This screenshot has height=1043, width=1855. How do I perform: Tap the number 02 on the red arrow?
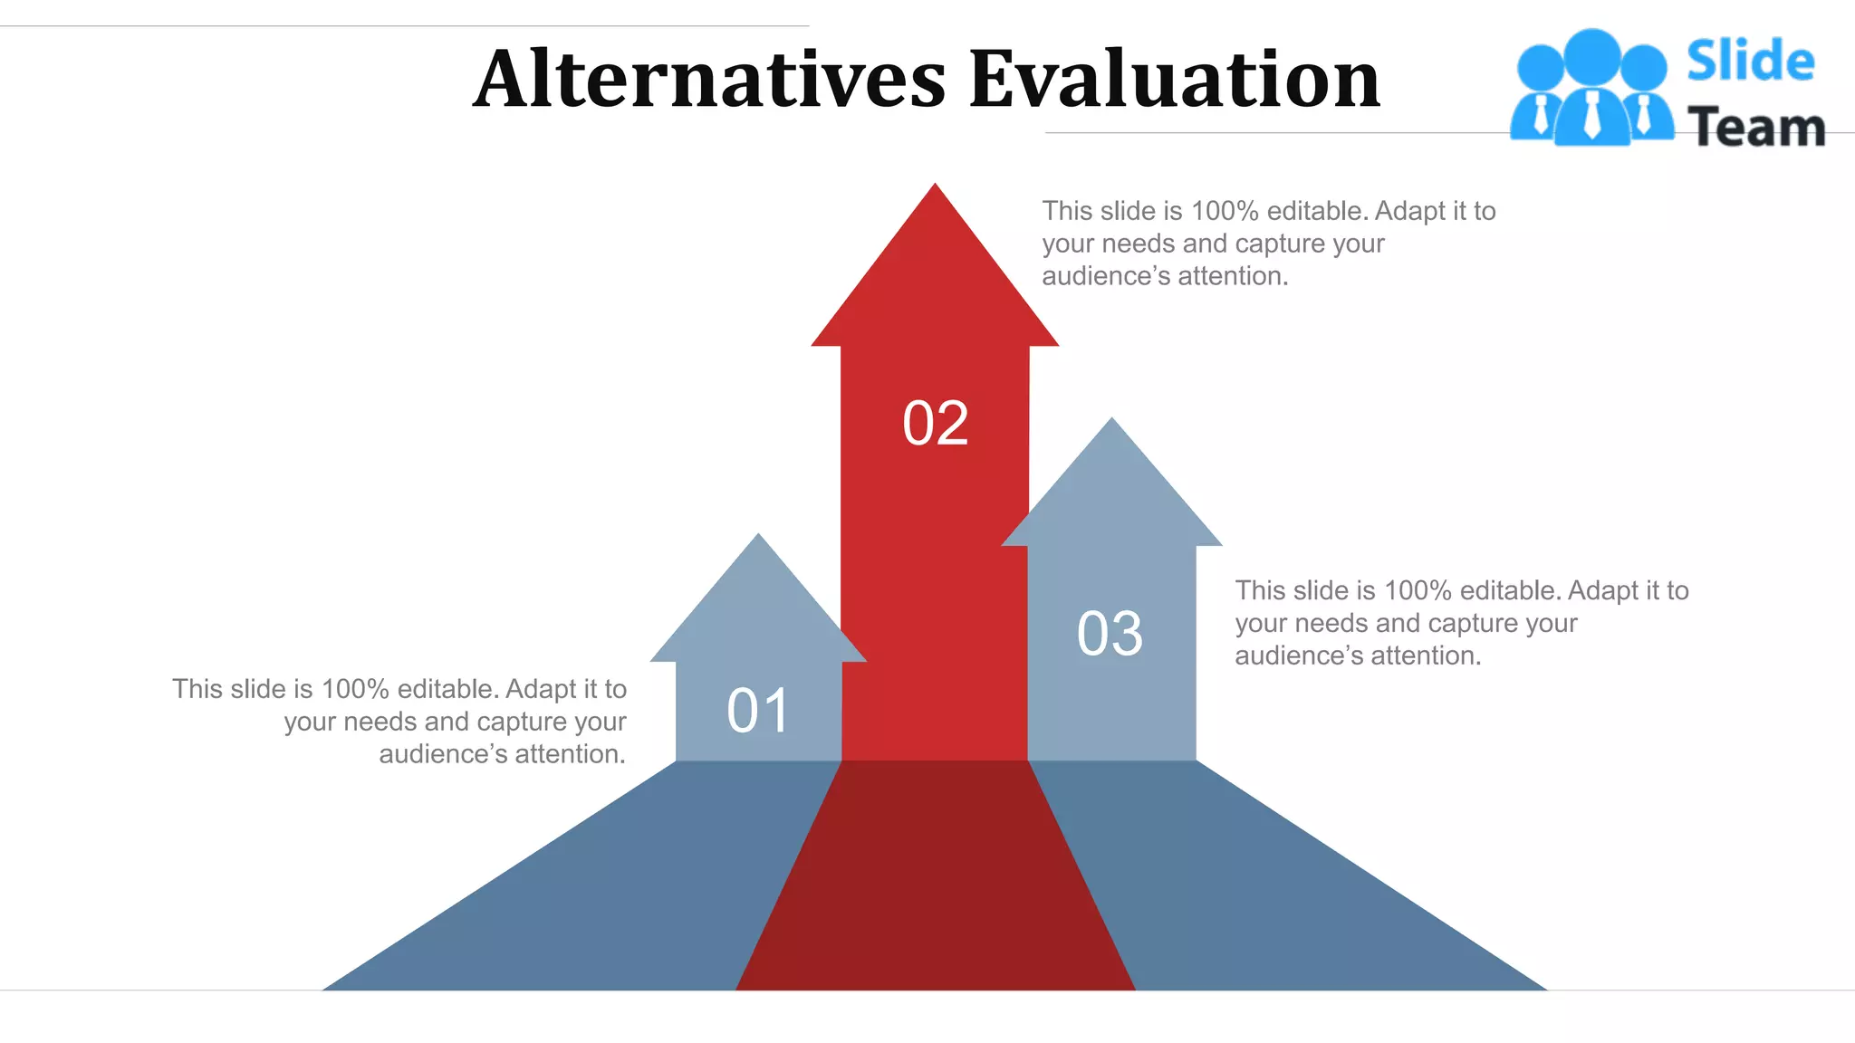[935, 423]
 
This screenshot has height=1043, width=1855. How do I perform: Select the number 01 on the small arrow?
[758, 711]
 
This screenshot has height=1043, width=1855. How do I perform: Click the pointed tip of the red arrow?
[935, 190]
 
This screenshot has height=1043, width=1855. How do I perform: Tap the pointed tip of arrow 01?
[758, 540]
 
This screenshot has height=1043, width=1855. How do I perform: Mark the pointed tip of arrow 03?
[1111, 424]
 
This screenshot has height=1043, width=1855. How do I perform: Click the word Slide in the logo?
[1750, 61]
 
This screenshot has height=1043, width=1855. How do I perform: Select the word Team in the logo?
[1755, 127]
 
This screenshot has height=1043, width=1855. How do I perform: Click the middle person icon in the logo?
[1591, 86]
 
